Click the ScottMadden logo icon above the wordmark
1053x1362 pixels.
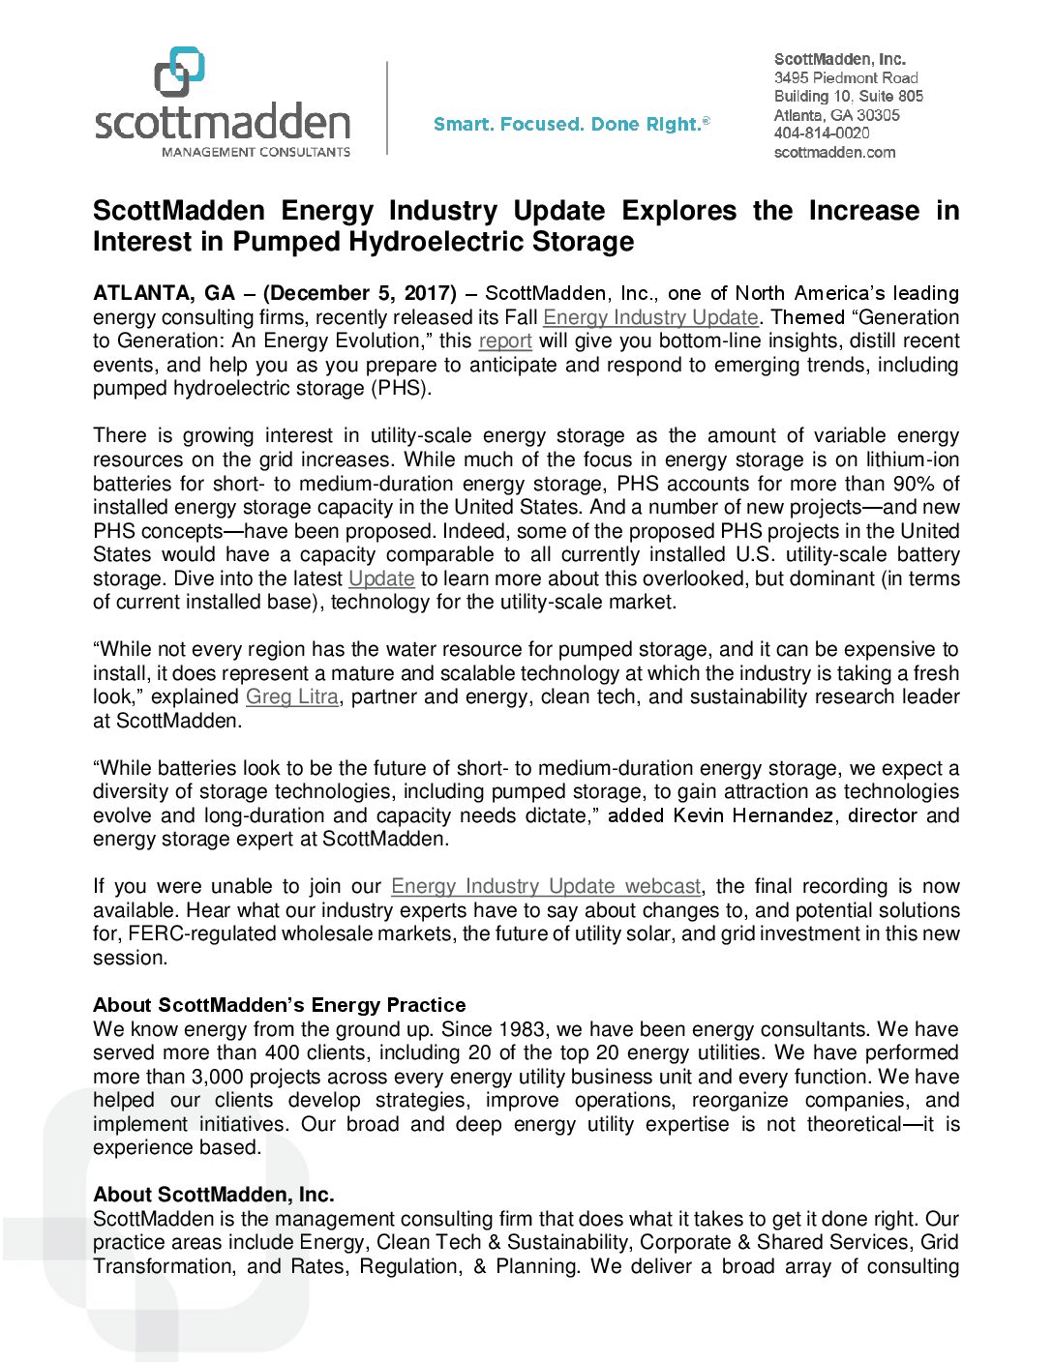click(180, 72)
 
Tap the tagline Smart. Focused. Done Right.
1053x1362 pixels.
click(571, 124)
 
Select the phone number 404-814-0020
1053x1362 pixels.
click(822, 133)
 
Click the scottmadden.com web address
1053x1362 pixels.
click(834, 152)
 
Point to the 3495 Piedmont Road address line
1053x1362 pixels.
click(846, 77)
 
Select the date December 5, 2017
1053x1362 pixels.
click(359, 293)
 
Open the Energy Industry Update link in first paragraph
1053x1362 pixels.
click(650, 317)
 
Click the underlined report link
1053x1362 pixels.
click(505, 340)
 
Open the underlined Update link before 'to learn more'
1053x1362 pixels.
click(381, 578)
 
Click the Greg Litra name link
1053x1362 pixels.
click(292, 696)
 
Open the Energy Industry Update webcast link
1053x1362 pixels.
click(546, 886)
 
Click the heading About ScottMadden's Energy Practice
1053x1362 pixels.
click(280, 1005)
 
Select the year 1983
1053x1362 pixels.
click(524, 1029)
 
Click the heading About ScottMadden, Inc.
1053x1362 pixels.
click(214, 1195)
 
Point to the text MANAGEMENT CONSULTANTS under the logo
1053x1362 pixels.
click(256, 152)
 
